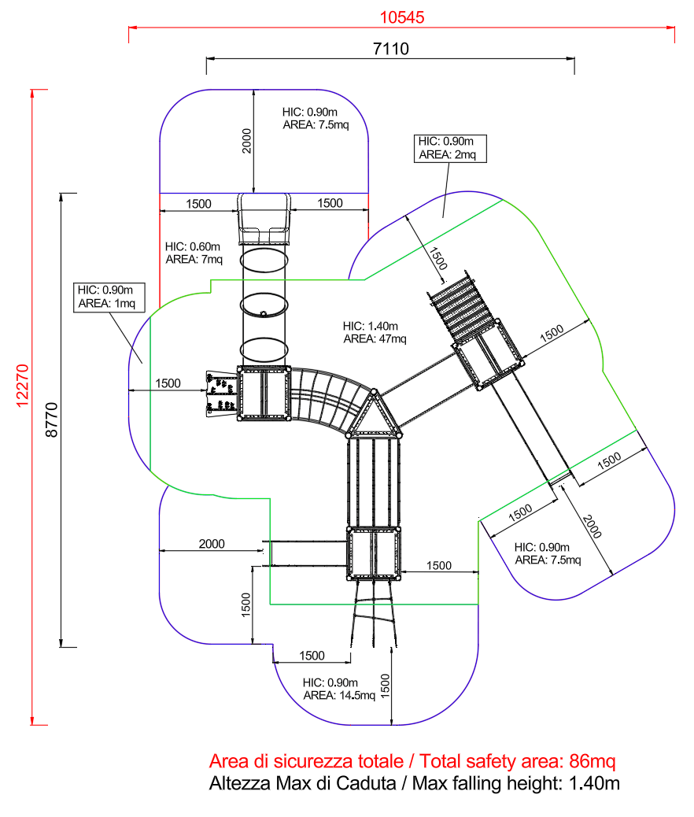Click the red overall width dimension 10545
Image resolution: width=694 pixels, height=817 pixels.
(x=402, y=17)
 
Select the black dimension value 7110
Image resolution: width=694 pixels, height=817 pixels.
(x=391, y=49)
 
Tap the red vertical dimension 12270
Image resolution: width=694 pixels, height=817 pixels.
(x=22, y=386)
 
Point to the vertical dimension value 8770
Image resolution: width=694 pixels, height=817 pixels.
(x=52, y=420)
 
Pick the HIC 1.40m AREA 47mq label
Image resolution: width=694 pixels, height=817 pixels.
(x=375, y=332)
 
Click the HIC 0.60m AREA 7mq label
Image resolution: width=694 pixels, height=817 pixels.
(x=194, y=253)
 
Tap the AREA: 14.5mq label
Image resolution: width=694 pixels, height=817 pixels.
(x=339, y=696)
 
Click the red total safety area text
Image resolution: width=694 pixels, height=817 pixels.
(x=412, y=761)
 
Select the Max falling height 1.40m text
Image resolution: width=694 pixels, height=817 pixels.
(x=414, y=783)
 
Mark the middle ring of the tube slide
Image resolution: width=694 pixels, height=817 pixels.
(x=264, y=305)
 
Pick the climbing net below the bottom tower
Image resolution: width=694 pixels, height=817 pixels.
(x=374, y=614)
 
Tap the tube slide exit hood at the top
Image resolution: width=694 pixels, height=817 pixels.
(x=264, y=219)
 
